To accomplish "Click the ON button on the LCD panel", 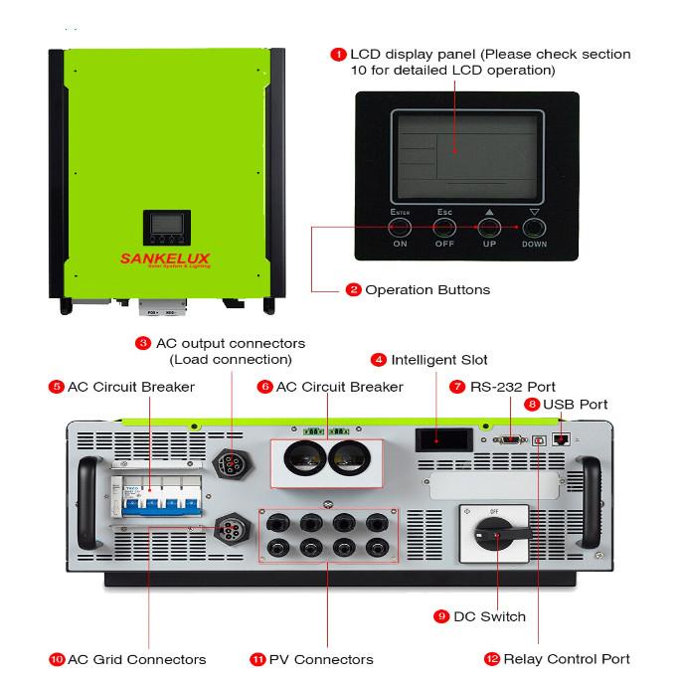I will tap(401, 228).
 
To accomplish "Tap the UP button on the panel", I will tap(489, 228).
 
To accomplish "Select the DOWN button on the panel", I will tap(534, 228).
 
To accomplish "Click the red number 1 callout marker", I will tap(339, 54).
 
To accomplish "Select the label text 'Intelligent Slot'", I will tap(438, 359).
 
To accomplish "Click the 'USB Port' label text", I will tap(576, 405).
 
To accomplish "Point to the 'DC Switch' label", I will tap(488, 616).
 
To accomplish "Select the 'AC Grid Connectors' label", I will tap(136, 659).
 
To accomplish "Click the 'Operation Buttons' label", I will tap(426, 290).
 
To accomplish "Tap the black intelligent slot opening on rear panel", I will tap(439, 438).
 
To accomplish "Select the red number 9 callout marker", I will tap(441, 616).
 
